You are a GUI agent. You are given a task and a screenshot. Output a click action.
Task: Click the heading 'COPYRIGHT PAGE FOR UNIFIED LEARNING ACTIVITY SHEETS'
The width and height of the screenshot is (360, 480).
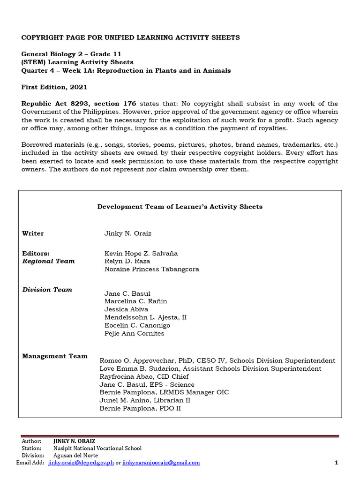click(131, 37)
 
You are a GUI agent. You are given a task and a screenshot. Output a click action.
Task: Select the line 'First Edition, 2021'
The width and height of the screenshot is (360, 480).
click(54, 87)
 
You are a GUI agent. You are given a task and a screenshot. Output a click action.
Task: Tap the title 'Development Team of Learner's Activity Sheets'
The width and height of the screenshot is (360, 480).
click(180, 206)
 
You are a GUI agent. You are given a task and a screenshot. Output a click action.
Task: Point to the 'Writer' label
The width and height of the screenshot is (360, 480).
click(33, 233)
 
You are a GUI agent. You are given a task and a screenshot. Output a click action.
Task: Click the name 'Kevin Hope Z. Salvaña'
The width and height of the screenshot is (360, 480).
click(141, 253)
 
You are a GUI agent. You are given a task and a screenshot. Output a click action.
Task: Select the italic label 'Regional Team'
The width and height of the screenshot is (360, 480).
click(49, 261)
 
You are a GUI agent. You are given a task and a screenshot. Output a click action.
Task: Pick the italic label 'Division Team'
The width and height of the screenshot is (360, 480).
click(47, 290)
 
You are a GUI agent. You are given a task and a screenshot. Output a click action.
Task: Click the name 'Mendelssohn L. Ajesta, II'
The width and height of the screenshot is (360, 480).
click(145, 317)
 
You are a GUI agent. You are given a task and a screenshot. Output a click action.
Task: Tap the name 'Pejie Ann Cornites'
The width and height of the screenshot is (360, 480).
click(134, 333)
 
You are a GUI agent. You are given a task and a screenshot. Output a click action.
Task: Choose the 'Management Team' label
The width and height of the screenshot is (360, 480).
click(55, 356)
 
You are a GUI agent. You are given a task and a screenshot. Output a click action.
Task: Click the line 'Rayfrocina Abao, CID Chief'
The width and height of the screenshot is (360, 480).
click(144, 376)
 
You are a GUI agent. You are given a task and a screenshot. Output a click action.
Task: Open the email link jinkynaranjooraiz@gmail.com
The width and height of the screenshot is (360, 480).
click(161, 463)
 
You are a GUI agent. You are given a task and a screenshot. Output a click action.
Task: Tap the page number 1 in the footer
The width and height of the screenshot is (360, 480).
click(336, 463)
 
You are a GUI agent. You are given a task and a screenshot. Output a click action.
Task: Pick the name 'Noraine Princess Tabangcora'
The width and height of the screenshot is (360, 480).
click(152, 269)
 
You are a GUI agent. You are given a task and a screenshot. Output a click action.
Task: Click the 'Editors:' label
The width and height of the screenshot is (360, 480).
click(36, 253)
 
